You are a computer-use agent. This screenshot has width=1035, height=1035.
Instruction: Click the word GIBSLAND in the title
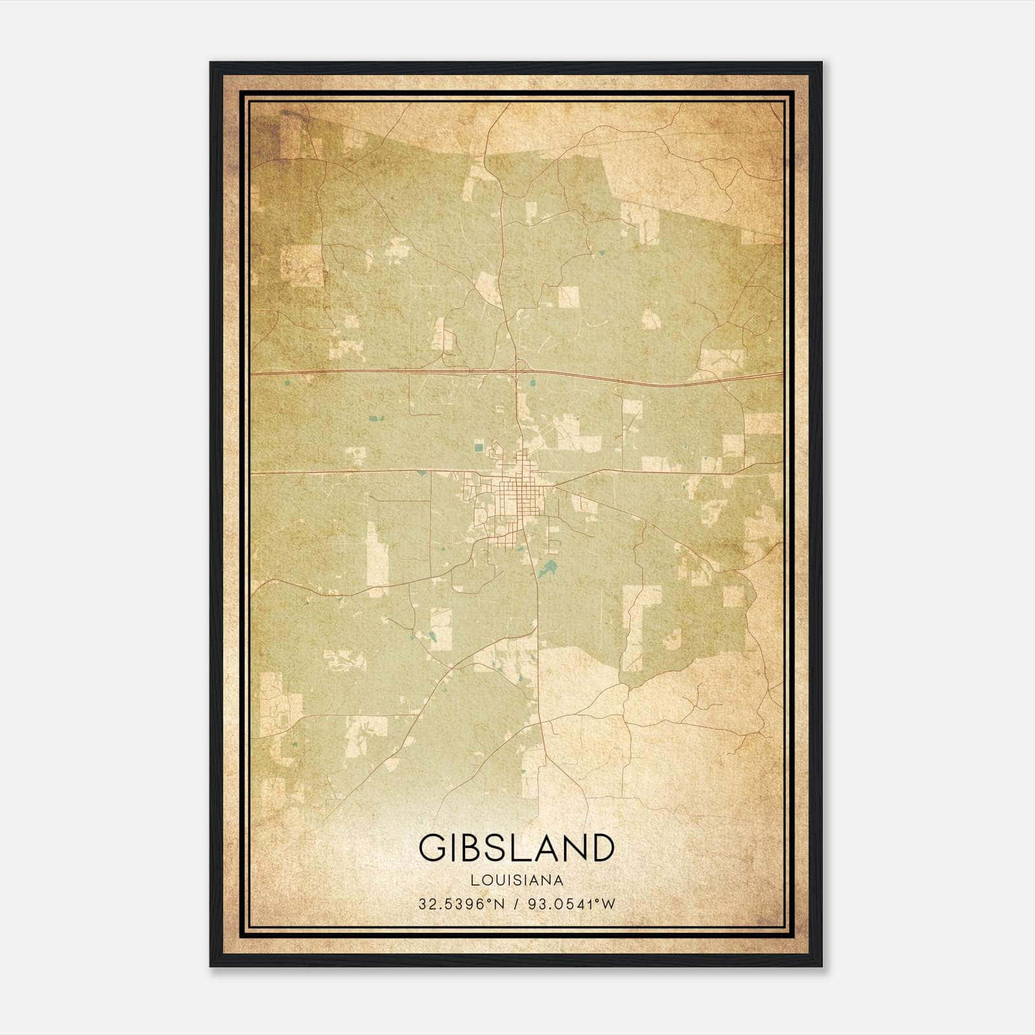pyautogui.click(x=516, y=847)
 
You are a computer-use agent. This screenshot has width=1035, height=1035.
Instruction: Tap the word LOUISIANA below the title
pyautogui.click(x=517, y=880)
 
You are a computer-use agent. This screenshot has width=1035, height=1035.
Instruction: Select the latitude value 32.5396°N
pyautogui.click(x=460, y=904)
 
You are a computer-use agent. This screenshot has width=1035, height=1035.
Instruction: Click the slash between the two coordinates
pyautogui.click(x=516, y=904)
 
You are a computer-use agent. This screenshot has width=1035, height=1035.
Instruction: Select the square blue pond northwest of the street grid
pyautogui.click(x=479, y=447)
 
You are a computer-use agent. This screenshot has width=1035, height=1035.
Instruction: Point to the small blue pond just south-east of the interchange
pyautogui.click(x=532, y=384)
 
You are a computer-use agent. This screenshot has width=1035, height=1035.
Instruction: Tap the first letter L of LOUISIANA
pyautogui.click(x=475, y=880)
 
